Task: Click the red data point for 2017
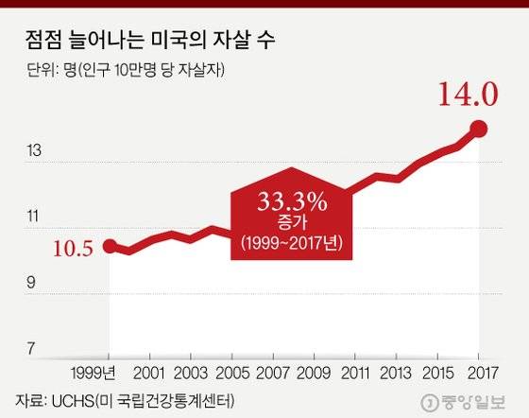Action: point(478,129)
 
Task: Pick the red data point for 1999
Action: point(110,247)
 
